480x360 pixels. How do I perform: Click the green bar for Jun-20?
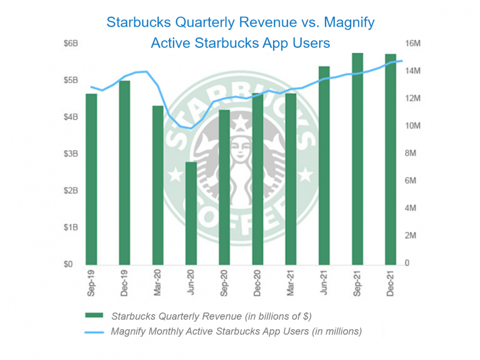click(191, 214)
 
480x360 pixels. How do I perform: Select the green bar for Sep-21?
click(357, 158)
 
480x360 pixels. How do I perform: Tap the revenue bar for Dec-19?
click(124, 173)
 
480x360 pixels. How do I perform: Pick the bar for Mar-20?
click(157, 185)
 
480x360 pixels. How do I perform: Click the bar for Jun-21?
click(324, 166)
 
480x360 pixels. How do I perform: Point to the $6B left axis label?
click(71, 43)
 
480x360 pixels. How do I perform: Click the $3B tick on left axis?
click(71, 154)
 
